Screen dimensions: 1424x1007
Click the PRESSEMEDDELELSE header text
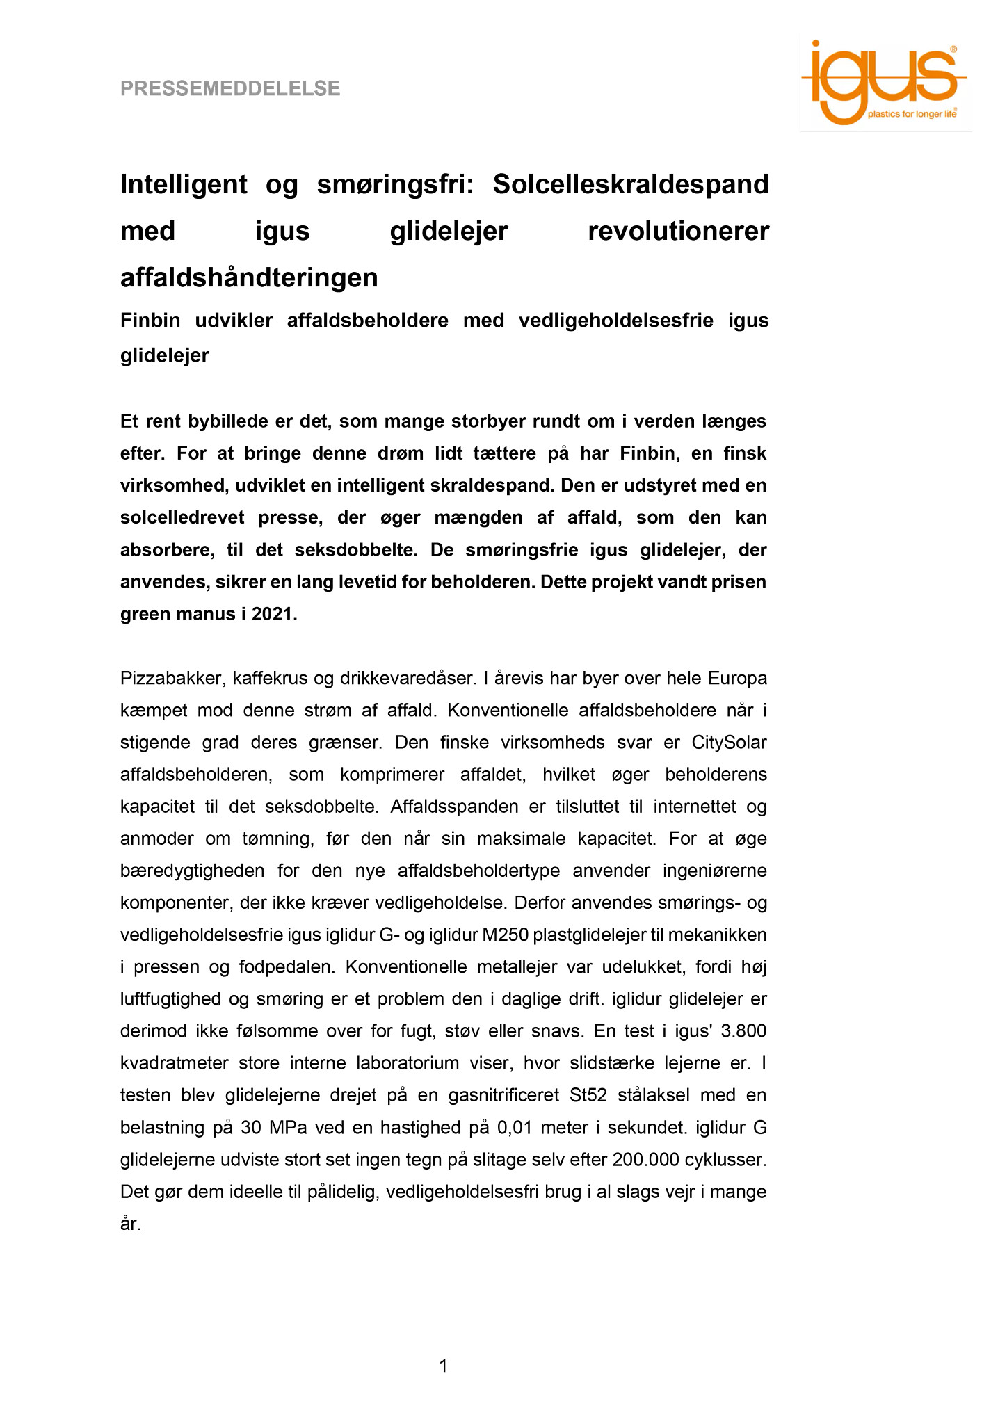230,89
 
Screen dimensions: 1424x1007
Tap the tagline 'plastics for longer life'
912,114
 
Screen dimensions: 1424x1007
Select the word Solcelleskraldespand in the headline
630,184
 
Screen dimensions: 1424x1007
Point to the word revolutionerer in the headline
678,231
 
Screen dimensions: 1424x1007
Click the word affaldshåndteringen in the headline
249,277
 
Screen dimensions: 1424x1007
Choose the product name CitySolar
729,742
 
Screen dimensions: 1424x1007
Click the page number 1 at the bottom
444,1366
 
